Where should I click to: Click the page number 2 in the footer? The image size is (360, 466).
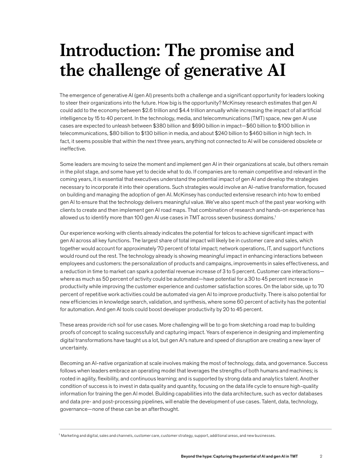(322, 456)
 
